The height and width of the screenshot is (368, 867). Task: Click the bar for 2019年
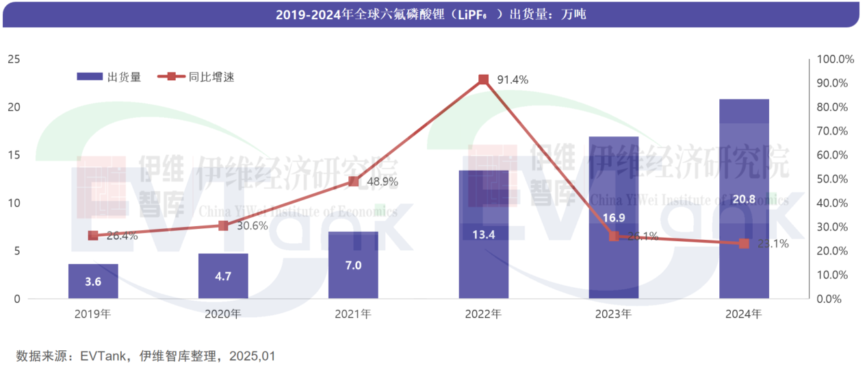coord(93,281)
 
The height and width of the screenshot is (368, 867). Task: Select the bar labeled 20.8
coord(744,199)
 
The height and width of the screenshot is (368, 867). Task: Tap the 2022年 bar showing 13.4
coord(484,234)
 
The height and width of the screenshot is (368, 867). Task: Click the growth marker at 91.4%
coord(484,79)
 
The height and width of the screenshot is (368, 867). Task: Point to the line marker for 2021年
coord(353,182)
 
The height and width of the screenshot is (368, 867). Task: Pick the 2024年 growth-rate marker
coord(744,243)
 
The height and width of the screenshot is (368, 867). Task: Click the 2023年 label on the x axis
coord(613,315)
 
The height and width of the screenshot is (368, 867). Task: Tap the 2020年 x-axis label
coord(223,315)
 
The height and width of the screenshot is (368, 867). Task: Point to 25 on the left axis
coord(13,60)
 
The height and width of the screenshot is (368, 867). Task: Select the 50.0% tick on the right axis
coord(834,179)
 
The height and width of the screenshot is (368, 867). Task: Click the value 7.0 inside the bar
coord(353,265)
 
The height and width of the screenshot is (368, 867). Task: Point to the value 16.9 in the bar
coord(613,218)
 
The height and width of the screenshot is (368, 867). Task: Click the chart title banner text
coord(430,14)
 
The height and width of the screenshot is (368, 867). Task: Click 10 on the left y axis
coord(13,204)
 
